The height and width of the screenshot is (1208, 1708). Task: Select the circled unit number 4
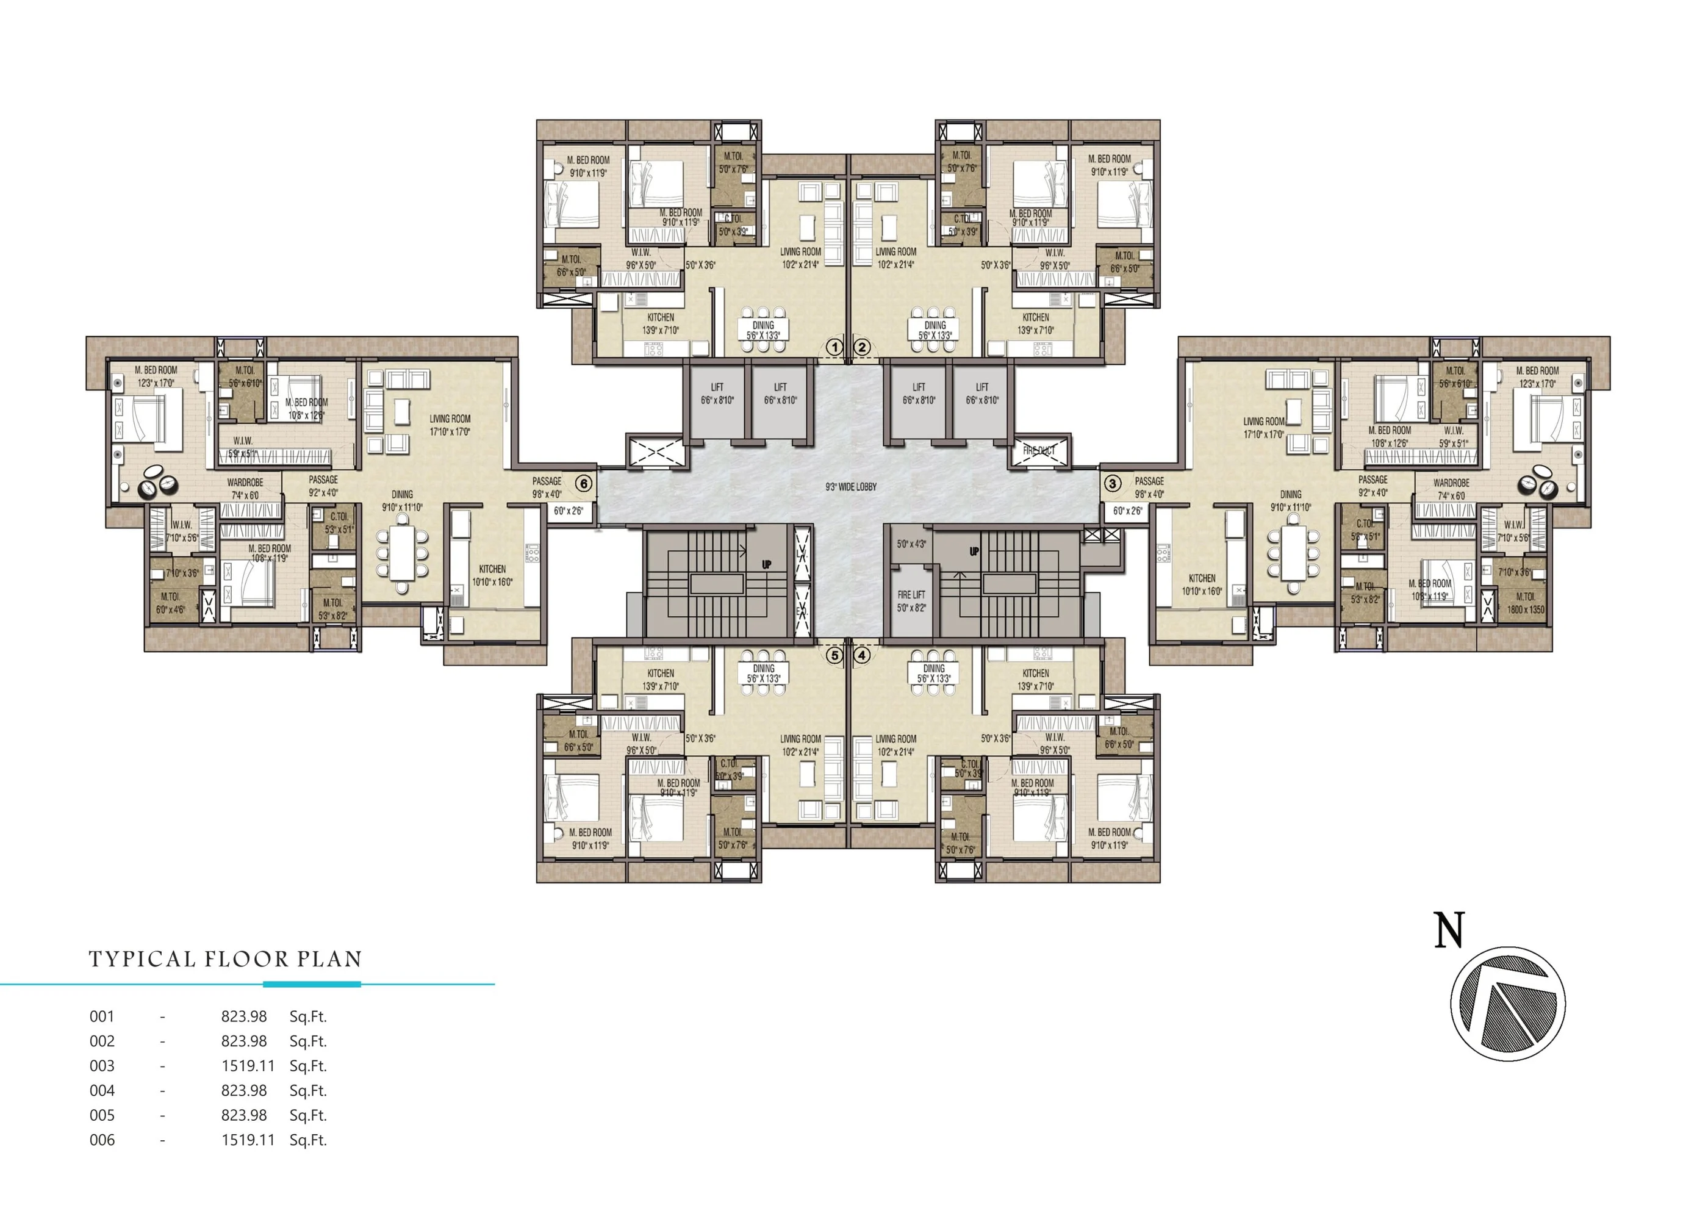[x=862, y=655]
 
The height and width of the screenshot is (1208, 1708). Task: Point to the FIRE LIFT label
[x=911, y=594]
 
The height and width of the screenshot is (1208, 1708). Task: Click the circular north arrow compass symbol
[x=1508, y=1004]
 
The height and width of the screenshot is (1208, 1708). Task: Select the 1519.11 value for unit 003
[x=248, y=1066]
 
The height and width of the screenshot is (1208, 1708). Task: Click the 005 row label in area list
[x=102, y=1115]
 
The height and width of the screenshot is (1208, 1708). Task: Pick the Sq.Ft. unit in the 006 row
[x=308, y=1140]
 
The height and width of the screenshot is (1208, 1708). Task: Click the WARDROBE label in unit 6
[x=245, y=483]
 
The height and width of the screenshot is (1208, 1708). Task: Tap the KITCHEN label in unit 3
[x=1202, y=578]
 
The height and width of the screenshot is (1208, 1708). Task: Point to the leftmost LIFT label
[x=717, y=387]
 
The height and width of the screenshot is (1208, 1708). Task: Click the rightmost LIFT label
[x=982, y=387]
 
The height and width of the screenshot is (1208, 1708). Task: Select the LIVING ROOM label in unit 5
[x=800, y=739]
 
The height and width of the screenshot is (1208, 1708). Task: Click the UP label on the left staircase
[x=767, y=564]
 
